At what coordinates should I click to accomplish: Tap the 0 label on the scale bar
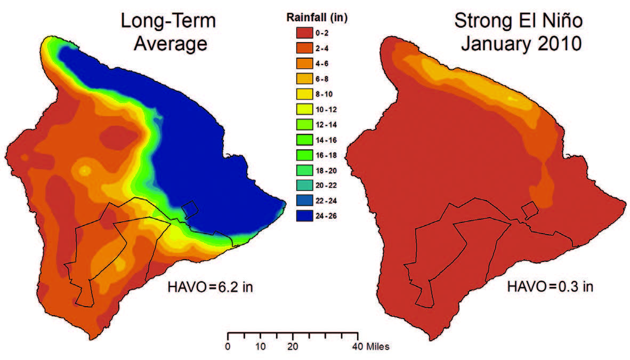(x=228, y=347)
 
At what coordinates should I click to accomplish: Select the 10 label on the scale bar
(x=260, y=347)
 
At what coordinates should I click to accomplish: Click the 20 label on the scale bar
(x=293, y=347)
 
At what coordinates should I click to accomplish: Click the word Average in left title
(x=170, y=43)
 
